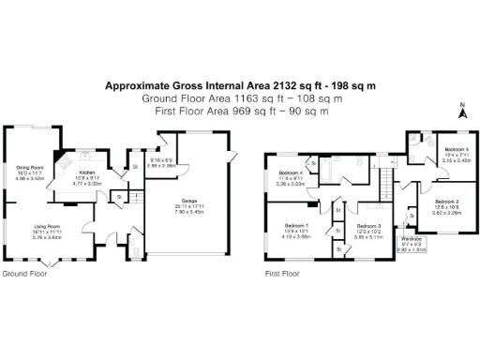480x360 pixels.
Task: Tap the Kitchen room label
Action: (x=87, y=174)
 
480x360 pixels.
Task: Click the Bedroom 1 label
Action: (x=298, y=226)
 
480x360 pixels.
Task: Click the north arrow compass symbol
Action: (x=460, y=111)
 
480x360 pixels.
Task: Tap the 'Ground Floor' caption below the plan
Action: (x=22, y=275)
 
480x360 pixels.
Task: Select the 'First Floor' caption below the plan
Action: (x=282, y=275)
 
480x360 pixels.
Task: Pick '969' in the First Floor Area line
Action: (x=243, y=111)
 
